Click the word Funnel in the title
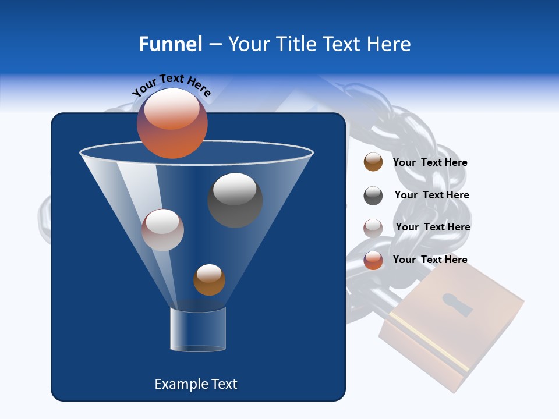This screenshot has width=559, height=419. [x=170, y=44]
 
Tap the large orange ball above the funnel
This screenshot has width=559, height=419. [x=172, y=123]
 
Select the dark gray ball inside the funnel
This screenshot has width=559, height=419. [x=235, y=200]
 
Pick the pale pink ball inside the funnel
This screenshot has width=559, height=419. [x=162, y=230]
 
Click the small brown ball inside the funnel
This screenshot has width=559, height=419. [x=209, y=280]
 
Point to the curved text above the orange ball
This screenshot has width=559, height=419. [x=171, y=85]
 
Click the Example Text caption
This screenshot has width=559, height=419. [x=196, y=384]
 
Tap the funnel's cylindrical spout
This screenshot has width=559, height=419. [x=197, y=329]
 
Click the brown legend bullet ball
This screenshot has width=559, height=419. [x=373, y=162]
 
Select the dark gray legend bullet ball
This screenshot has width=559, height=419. [x=373, y=196]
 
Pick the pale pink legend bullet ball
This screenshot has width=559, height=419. [x=373, y=228]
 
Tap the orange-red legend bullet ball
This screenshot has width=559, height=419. [x=373, y=260]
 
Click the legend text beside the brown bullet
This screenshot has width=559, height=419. [x=430, y=163]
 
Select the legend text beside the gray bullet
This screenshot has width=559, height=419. [x=431, y=196]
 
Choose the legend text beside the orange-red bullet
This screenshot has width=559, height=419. [x=430, y=260]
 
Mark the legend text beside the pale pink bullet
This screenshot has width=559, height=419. [x=433, y=228]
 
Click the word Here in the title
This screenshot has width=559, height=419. [x=390, y=44]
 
